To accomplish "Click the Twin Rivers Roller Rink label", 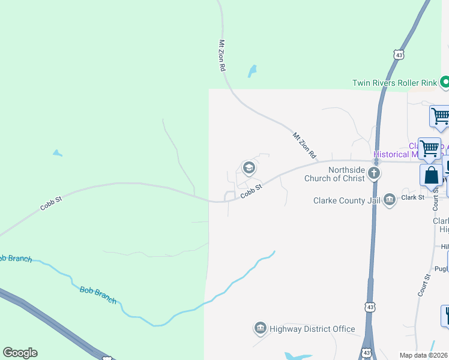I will click(394, 82).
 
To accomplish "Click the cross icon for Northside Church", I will click(374, 174).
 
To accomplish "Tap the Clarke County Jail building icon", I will click(390, 199).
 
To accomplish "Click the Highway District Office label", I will click(312, 329).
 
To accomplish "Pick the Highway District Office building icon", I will click(261, 328).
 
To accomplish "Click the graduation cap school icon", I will click(249, 167).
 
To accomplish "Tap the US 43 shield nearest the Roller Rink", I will click(399, 55).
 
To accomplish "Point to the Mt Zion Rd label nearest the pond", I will click(222, 56).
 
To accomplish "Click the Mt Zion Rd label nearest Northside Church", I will click(304, 145).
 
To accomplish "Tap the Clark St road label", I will click(413, 197).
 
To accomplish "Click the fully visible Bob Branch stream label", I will click(98, 295).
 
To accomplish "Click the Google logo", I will click(20, 353).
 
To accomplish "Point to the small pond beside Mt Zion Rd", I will click(253, 71).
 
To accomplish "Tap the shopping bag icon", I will click(431, 175).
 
